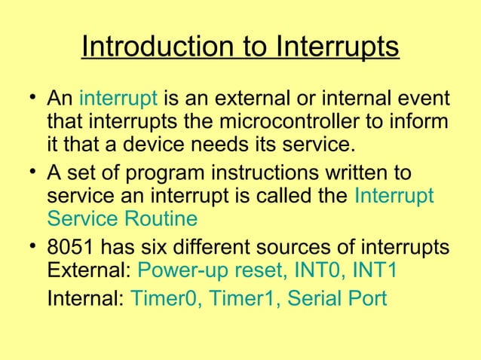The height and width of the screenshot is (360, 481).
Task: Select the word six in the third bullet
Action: tap(147, 249)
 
